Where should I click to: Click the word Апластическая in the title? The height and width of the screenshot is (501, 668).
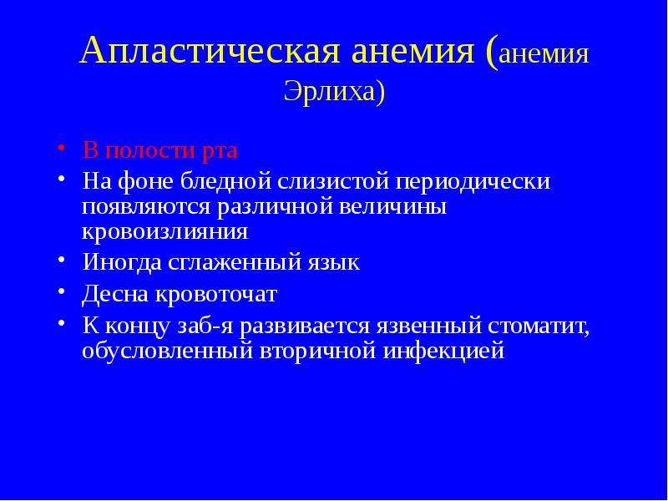tap(210, 51)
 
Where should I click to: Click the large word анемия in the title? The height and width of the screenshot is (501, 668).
tap(413, 52)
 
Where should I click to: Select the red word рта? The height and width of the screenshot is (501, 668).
tap(219, 152)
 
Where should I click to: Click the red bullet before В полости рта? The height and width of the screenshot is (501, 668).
tap(62, 148)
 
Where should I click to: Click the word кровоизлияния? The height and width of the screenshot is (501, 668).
tap(164, 232)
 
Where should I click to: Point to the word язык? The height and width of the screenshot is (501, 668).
tap(333, 263)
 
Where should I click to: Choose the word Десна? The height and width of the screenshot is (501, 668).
tap(115, 294)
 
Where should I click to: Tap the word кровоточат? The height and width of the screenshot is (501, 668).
tap(216, 295)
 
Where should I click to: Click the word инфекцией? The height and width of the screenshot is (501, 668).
tap(443, 352)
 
